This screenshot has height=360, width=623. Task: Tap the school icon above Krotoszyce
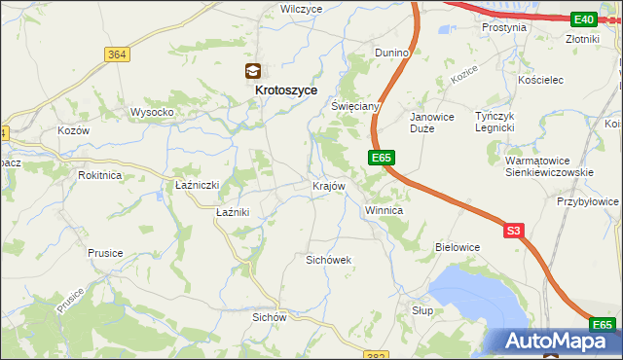[252, 71]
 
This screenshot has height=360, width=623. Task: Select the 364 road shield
[117, 54]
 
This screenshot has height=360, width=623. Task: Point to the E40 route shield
[584, 18]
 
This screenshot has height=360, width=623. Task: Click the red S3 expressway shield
[514, 231]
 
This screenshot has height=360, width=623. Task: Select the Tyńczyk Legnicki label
[499, 122]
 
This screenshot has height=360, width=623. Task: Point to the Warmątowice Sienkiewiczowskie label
[550, 165]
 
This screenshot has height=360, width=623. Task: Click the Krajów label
[329, 186]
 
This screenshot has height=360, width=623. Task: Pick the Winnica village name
[384, 210]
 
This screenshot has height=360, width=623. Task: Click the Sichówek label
[328, 260]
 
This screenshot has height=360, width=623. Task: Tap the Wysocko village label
[152, 112]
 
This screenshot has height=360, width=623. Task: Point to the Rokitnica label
[100, 175]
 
